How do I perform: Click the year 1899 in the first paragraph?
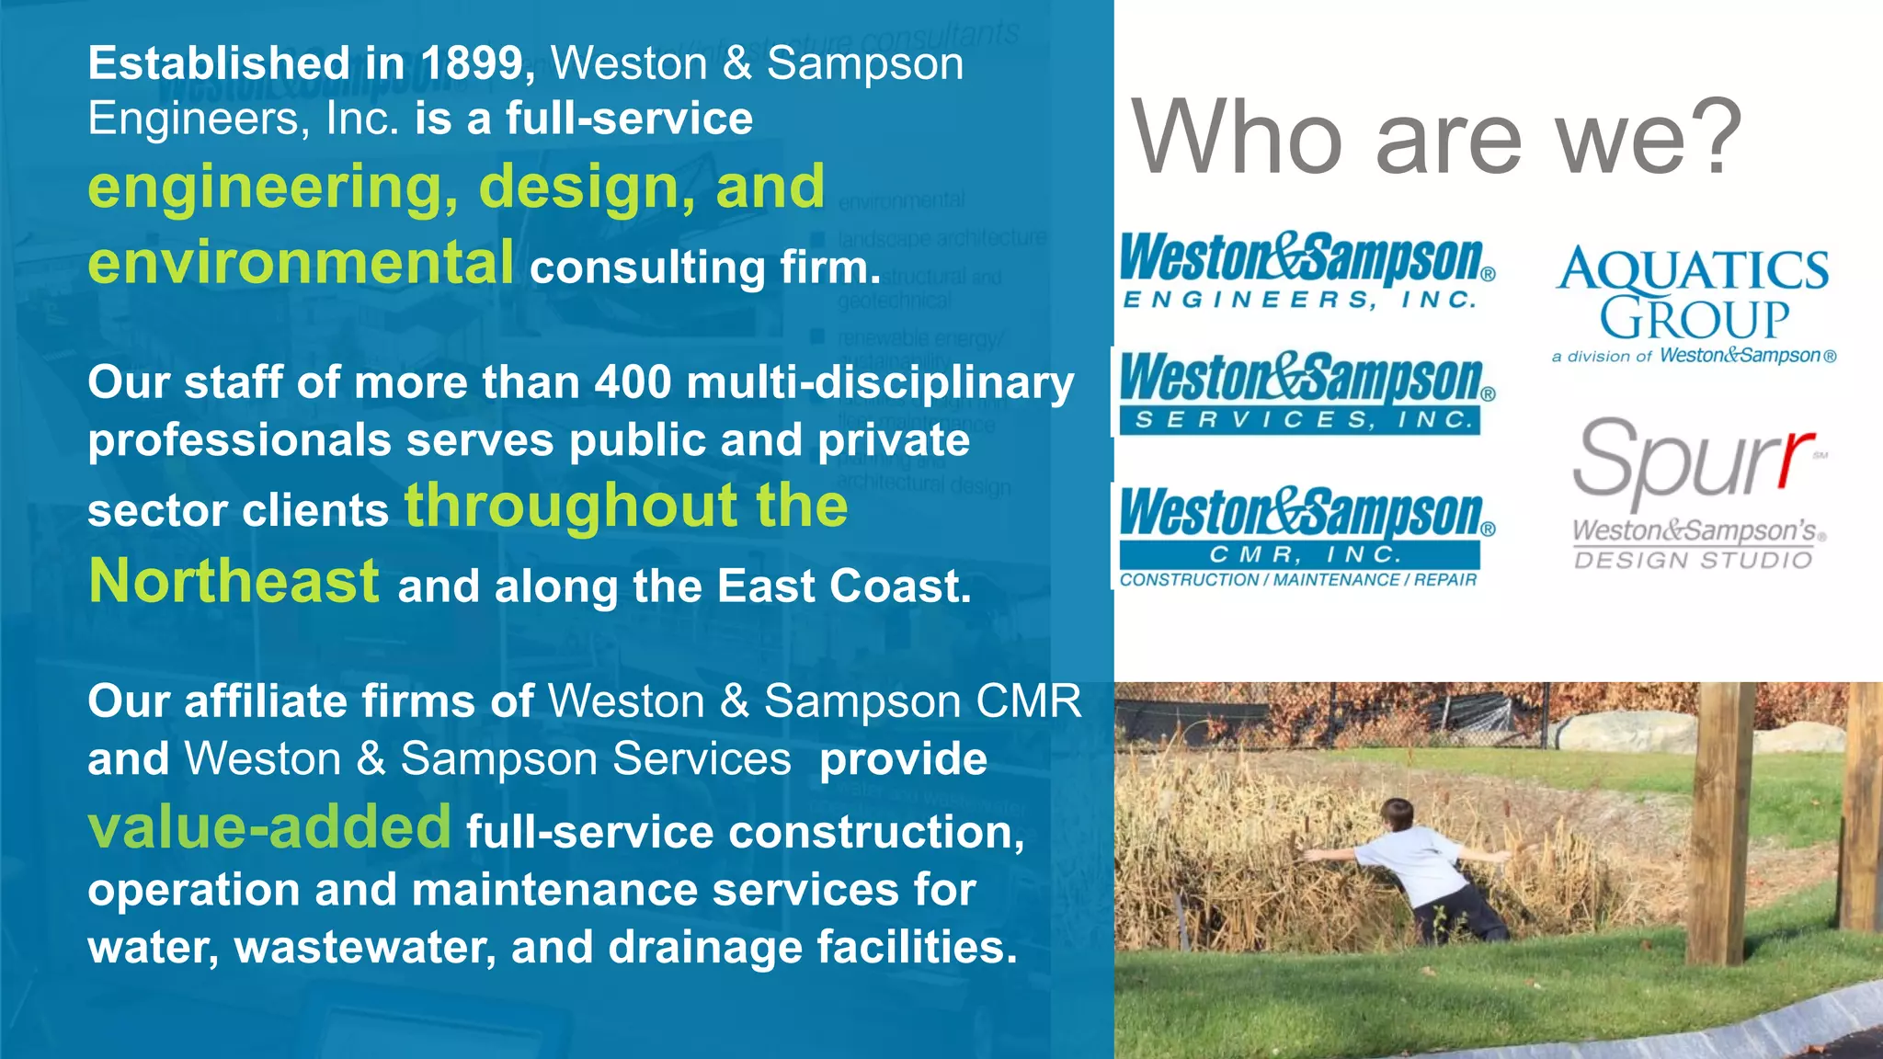472,64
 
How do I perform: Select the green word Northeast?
234,582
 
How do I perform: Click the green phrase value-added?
269,826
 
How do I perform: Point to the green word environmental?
301,263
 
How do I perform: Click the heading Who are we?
1435,138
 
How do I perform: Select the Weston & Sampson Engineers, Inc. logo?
1306,271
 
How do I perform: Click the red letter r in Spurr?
1794,460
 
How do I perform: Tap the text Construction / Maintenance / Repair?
1297,580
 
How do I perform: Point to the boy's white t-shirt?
1416,865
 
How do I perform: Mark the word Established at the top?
219,64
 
